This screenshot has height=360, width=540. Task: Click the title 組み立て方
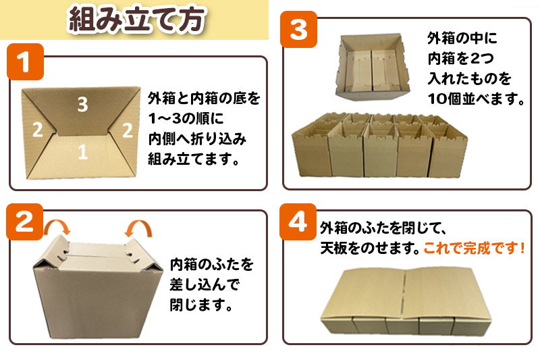coord(135,20)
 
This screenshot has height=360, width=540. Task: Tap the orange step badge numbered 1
coord(25,63)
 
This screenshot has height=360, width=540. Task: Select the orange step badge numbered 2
coord(25,224)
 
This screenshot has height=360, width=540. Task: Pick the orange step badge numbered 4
coord(298,224)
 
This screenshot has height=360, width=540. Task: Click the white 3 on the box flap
coord(82,105)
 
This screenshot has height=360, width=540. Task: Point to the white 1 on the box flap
coord(82,153)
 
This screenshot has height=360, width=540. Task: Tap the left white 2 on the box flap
coord(38,129)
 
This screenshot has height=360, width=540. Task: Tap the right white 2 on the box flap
coord(126,130)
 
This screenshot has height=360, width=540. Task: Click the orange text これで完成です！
coord(474,247)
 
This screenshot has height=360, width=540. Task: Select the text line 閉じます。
coord(200,305)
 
